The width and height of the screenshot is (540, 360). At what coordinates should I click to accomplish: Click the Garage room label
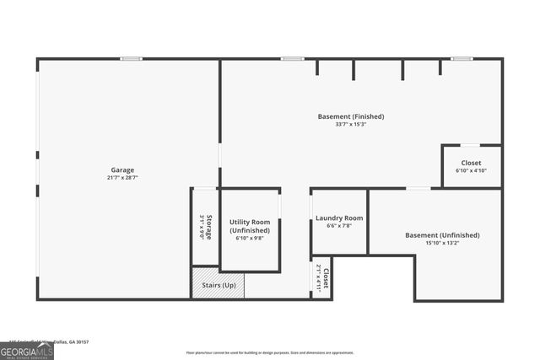pyautogui.click(x=122, y=169)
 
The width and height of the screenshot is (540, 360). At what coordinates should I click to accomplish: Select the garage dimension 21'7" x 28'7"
pyautogui.click(x=122, y=178)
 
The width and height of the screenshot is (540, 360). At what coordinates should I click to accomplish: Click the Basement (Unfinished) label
pyautogui.click(x=442, y=235)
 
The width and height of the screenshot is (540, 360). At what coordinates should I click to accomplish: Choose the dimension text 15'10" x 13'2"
pyautogui.click(x=442, y=244)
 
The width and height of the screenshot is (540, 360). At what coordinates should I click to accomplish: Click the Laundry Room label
pyautogui.click(x=339, y=218)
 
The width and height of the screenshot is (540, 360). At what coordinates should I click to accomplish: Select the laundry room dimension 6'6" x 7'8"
pyautogui.click(x=339, y=226)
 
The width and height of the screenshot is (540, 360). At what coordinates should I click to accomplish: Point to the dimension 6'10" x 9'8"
pyautogui.click(x=250, y=239)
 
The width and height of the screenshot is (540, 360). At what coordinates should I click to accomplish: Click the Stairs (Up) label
pyautogui.click(x=219, y=285)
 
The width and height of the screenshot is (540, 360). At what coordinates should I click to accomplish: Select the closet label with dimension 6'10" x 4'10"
pyautogui.click(x=472, y=162)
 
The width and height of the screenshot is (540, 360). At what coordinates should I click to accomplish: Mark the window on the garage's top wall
pyautogui.click(x=131, y=58)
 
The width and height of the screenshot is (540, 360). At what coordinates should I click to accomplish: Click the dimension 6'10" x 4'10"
pyautogui.click(x=472, y=170)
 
